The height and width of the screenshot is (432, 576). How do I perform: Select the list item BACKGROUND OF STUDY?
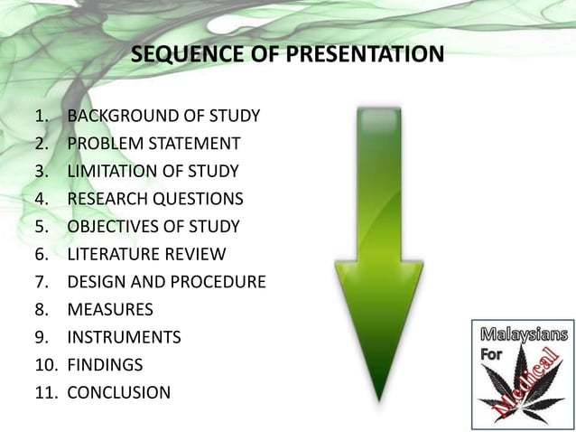click(163, 116)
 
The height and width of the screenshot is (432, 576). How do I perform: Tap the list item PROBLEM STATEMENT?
click(153, 144)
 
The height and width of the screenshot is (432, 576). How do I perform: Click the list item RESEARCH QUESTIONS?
click(154, 199)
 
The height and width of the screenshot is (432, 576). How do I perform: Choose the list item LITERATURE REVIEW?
click(146, 254)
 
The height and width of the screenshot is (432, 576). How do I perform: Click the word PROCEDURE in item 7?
click(216, 282)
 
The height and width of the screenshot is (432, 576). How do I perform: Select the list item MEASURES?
click(110, 309)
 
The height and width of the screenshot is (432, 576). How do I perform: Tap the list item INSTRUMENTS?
click(124, 337)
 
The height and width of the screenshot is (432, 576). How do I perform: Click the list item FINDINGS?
click(105, 365)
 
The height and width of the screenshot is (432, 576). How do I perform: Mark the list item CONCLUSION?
click(118, 392)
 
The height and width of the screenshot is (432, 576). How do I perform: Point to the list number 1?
click(41, 116)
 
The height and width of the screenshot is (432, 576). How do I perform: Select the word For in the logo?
click(491, 354)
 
